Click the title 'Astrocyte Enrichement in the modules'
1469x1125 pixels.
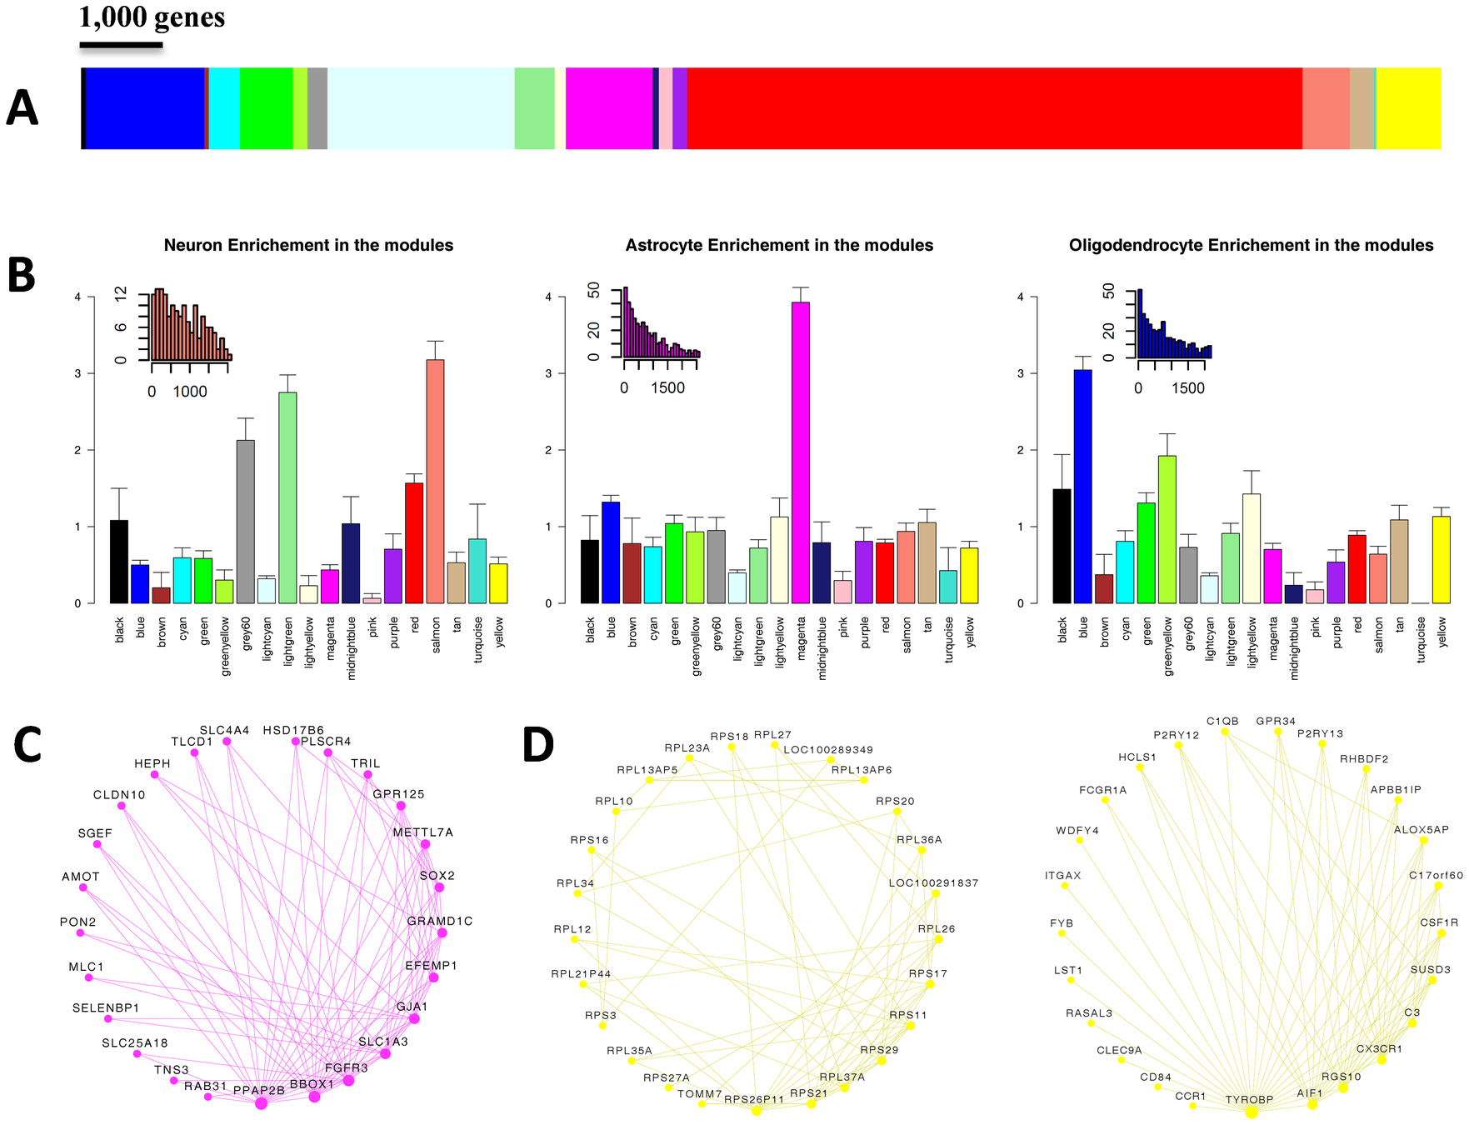click(779, 245)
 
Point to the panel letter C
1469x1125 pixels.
click(27, 745)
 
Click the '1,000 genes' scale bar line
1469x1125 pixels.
click(121, 45)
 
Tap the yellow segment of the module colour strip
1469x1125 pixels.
click(1408, 108)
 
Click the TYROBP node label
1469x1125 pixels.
click(1249, 1100)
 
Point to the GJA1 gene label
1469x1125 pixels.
click(412, 1007)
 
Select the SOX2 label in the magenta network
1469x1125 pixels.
click(437, 876)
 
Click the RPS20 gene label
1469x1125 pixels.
click(895, 801)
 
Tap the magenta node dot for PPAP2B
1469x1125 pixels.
click(261, 1103)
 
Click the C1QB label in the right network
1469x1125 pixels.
click(1222, 721)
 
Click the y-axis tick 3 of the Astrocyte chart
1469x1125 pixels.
click(549, 373)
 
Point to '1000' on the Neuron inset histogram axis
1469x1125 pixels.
click(190, 392)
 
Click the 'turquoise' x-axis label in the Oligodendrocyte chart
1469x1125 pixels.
click(1421, 640)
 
